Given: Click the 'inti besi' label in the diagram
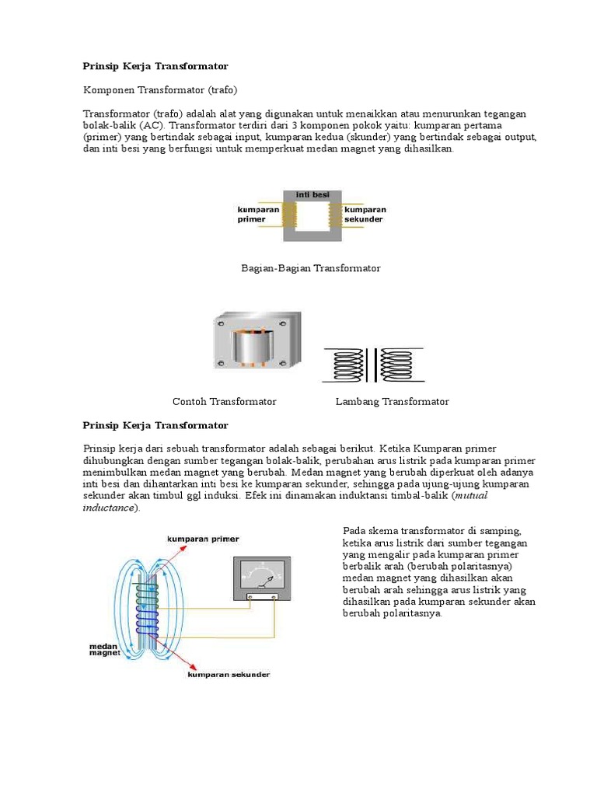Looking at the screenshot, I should click(312, 194).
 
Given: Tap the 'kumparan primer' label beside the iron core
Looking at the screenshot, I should click(253, 215).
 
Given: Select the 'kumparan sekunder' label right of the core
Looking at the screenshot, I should click(365, 215).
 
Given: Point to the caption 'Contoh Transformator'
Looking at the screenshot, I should click(225, 402).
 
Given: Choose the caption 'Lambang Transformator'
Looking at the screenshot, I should click(393, 402).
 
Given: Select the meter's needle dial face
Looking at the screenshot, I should click(262, 575).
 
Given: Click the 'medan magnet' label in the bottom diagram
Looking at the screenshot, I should click(103, 649).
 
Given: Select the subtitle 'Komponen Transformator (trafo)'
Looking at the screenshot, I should click(160, 90).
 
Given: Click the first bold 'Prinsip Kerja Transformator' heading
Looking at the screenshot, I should click(155, 66).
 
